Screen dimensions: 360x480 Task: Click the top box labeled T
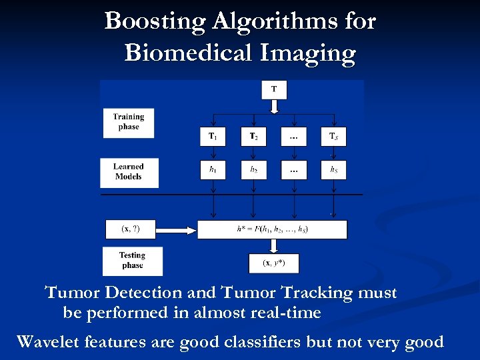point(274,89)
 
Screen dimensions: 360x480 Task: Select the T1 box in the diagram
point(213,137)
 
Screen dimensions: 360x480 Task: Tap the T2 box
point(253,137)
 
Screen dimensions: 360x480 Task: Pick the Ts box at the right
point(333,137)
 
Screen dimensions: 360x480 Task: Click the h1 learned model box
point(213,169)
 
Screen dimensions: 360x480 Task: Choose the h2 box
point(253,169)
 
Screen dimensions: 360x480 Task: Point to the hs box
point(333,169)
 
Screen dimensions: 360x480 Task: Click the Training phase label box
point(128,122)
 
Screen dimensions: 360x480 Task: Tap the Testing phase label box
point(132,261)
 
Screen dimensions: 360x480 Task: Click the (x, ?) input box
point(131,229)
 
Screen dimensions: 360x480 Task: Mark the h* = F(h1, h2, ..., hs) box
point(272,229)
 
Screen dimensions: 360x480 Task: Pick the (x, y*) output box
point(274,263)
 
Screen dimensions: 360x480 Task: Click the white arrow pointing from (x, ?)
point(177,230)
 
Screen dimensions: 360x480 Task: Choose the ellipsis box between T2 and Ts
point(293,137)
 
